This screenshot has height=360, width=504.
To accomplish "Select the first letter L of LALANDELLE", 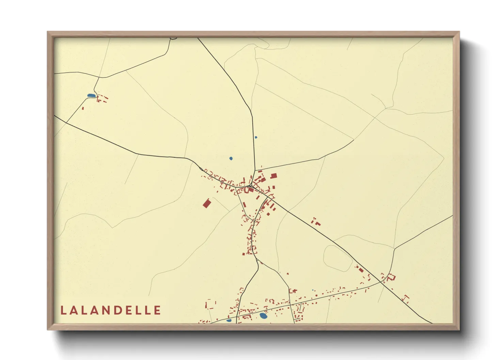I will click(x=63, y=310).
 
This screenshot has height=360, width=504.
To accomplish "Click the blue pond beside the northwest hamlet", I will click(x=91, y=96).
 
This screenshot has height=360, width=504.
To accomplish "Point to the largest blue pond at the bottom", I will click(x=263, y=316).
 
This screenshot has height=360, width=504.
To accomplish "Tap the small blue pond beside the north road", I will click(x=256, y=137).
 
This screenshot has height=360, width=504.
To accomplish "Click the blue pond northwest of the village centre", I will click(x=231, y=158).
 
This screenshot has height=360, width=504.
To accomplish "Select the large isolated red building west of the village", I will click(x=207, y=203).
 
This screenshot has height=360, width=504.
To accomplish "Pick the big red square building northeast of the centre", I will click(x=273, y=176).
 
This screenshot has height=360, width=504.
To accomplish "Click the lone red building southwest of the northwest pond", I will click(x=83, y=108).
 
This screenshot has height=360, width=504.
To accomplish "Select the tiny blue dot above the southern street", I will click(x=313, y=290).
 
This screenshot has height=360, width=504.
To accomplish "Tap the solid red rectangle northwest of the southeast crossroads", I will click(x=361, y=270).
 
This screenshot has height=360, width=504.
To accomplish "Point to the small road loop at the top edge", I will click(x=173, y=38).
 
